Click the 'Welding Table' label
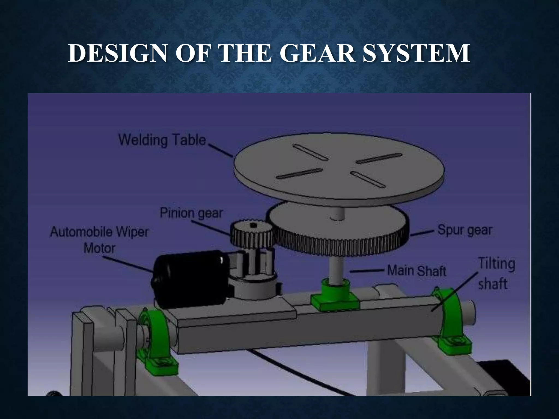[162, 140]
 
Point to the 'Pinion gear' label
[191, 213]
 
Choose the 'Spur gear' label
[465, 230]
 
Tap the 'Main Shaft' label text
[417, 271]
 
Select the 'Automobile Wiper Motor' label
[99, 240]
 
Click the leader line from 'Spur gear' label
[422, 233]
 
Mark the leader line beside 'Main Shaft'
[367, 271]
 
